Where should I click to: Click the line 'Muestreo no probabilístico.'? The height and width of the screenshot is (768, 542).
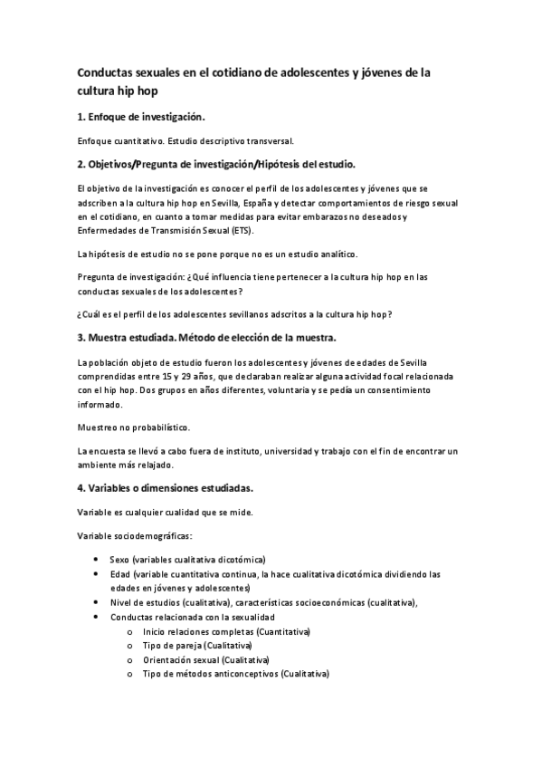[x=133, y=427]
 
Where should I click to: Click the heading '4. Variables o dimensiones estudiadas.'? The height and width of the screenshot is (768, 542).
[x=165, y=488]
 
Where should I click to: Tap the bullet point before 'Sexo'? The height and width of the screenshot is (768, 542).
[x=97, y=560]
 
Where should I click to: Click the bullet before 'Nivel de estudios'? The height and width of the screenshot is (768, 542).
[x=97, y=601]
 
